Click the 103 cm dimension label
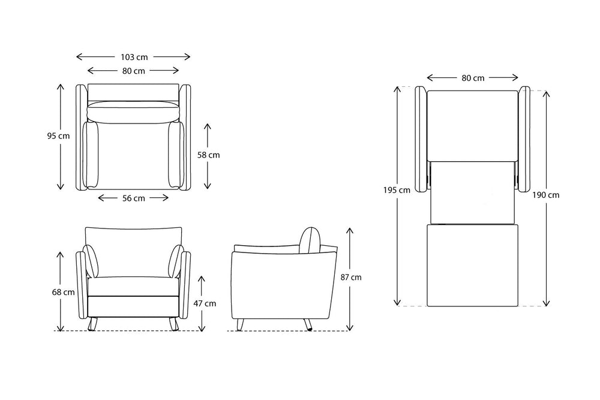pyautogui.click(x=134, y=57)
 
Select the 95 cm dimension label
pyautogui.click(x=59, y=136)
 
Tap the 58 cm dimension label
pyautogui.click(x=209, y=155)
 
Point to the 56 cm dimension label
pyautogui.click(x=134, y=198)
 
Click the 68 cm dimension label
pyautogui.click(x=64, y=292)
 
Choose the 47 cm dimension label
pyautogui.click(x=205, y=303)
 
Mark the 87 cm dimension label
pyautogui.click(x=351, y=277)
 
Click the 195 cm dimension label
pyautogui.click(x=397, y=190)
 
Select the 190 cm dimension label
pyautogui.click(x=545, y=195)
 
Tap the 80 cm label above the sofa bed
pyautogui.click(x=473, y=78)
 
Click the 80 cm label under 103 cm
pyautogui.click(x=134, y=71)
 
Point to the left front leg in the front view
pyautogui.click(x=92, y=324)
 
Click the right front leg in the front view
pyautogui.click(x=174, y=324)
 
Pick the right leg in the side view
pyautogui.click(x=308, y=324)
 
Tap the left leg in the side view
pyautogui.click(x=241, y=324)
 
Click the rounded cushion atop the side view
pyautogui.click(x=310, y=240)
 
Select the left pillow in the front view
pyautogui.click(x=91, y=261)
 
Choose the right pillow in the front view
pyautogui.click(x=176, y=261)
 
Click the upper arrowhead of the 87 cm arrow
pyautogui.click(x=349, y=230)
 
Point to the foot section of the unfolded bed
pyautogui.click(x=473, y=266)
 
